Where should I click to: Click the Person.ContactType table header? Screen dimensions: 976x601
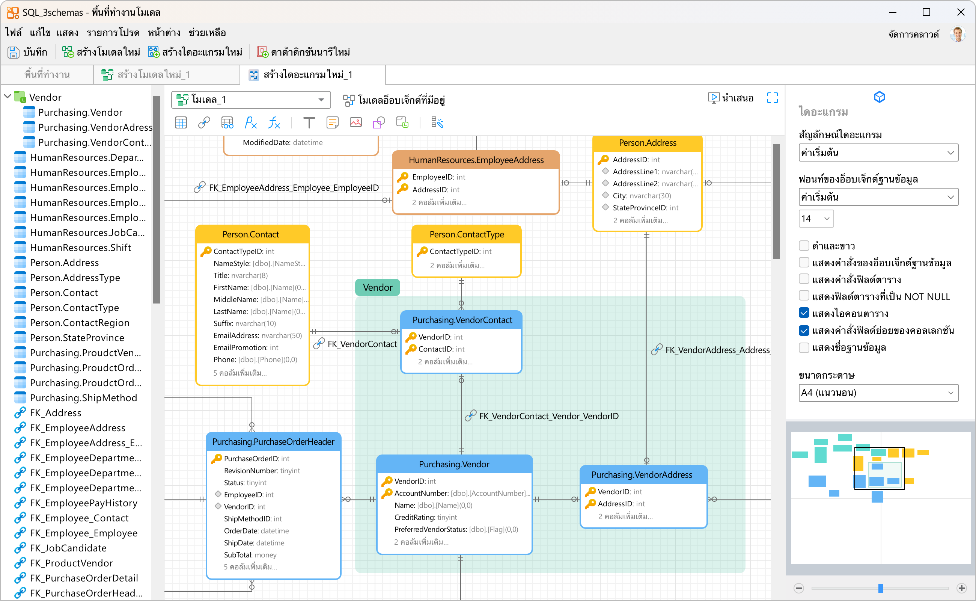[x=466, y=234]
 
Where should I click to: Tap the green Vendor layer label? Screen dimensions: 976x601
[x=377, y=287]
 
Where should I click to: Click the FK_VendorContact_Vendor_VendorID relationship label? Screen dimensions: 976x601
[x=548, y=416]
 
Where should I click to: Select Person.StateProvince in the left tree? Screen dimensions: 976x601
[x=77, y=337]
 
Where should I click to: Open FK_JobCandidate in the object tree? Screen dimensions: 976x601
[x=68, y=548]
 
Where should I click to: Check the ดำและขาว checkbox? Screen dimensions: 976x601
[x=804, y=246]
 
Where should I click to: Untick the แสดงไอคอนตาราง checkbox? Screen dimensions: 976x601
[x=804, y=313]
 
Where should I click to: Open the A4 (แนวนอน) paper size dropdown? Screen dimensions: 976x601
[x=878, y=393]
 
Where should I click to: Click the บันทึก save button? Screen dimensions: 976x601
[x=27, y=52]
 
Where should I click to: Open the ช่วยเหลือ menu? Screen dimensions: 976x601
[x=207, y=33]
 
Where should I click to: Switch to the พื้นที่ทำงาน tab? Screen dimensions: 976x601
[x=47, y=75]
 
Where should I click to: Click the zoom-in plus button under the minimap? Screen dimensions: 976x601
[x=962, y=588]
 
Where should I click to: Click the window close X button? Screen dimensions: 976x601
[x=961, y=12]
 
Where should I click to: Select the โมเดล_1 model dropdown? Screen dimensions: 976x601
[x=251, y=100]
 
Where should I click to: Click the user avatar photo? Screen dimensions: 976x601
[x=958, y=34]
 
